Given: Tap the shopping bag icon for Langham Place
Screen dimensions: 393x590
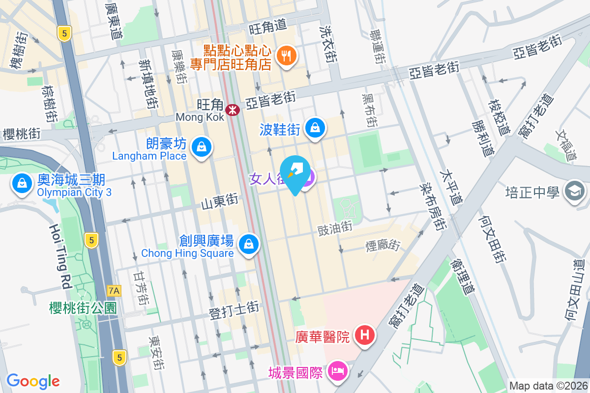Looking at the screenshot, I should point(202,146).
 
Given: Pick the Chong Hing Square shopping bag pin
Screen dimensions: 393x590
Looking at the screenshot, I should point(249,243).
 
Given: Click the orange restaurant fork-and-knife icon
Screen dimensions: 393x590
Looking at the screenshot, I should point(286,56).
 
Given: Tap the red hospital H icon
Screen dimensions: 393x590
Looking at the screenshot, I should point(365,336).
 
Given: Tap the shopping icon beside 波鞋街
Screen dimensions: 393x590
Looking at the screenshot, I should point(315,128).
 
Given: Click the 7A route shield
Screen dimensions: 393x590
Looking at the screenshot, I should point(114,291).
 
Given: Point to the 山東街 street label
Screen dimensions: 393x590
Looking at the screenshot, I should point(219,201).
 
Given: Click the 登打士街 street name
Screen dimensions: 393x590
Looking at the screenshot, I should point(234,310).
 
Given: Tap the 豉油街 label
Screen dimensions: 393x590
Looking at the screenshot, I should point(335,227).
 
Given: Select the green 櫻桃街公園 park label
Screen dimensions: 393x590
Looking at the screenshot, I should point(83,308).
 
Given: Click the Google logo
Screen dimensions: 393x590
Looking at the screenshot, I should point(33,381).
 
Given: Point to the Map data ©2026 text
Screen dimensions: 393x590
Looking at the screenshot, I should point(548,386).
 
